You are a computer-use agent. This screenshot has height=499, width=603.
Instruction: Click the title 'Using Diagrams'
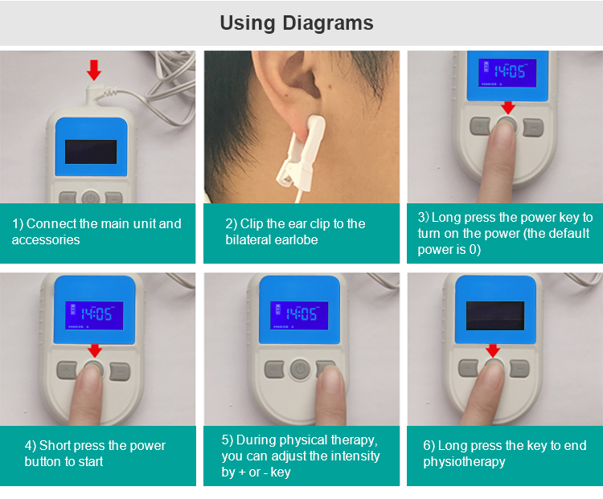point(297,22)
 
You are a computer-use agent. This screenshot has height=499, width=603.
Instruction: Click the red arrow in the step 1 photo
point(94,70)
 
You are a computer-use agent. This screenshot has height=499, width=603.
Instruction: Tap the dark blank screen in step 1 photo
point(91,152)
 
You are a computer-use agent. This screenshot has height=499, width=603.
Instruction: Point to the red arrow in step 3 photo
point(508,108)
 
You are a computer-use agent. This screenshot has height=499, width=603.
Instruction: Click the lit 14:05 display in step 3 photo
point(507,73)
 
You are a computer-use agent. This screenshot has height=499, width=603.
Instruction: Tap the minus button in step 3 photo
point(533,127)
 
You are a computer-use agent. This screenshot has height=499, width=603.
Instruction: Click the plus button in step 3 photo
point(480,126)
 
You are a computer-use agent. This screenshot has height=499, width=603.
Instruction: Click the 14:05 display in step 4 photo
point(94,315)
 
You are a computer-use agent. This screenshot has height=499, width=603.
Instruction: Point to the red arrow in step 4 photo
point(95,350)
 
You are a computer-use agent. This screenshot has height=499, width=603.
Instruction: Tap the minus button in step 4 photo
point(120,371)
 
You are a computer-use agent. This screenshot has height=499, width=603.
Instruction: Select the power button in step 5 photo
point(300,370)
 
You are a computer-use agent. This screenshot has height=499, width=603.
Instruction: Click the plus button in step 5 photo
point(274,369)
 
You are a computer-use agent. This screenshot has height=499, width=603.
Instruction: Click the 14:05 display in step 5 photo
point(299,315)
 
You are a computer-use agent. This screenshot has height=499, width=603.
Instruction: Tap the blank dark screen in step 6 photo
point(495,316)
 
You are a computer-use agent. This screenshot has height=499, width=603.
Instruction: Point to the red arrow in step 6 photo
point(493,350)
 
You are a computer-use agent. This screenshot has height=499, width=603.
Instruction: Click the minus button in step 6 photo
point(520,369)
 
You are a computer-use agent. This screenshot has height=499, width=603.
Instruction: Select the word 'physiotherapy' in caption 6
point(464,462)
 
